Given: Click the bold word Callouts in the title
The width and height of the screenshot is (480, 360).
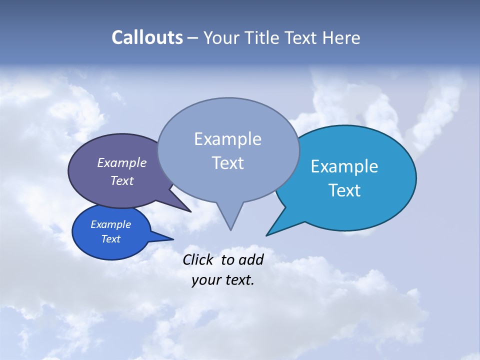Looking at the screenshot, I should coord(147,38).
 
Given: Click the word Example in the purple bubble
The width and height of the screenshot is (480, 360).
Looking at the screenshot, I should coord(121,162).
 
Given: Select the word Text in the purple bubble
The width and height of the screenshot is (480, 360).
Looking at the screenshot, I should coord(122,180).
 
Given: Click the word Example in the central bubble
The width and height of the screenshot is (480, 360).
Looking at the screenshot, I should coord(227,139).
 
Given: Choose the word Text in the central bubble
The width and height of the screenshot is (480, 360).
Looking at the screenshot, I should coord(227,163).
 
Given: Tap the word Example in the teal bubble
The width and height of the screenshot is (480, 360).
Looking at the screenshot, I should coord(344,166).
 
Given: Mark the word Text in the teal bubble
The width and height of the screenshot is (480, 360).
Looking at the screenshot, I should coord(344,190).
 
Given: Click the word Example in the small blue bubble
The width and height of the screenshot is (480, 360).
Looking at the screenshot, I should coord(110,224).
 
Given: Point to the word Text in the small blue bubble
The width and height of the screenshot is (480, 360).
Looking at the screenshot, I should coord(110,239).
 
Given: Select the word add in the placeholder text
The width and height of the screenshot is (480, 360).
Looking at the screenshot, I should coord(251,259).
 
